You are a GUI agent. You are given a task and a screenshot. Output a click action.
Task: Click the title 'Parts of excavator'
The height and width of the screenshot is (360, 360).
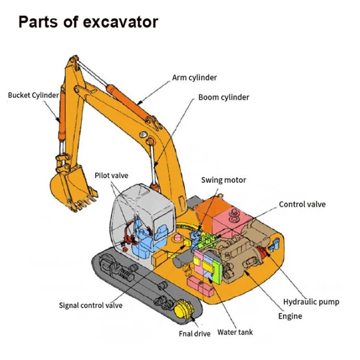tap(88, 22)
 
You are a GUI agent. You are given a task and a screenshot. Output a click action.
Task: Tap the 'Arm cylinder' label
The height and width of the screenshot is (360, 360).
tap(195, 77)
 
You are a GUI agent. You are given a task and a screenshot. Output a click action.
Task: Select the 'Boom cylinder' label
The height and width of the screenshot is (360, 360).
tap(224, 97)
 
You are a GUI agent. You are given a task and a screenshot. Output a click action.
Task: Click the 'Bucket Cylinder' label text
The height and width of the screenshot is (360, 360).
tap(34, 95)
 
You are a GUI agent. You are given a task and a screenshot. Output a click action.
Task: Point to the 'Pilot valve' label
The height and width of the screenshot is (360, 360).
tap(111, 175)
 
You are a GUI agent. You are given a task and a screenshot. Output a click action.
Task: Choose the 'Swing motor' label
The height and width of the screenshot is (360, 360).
tap(224, 180)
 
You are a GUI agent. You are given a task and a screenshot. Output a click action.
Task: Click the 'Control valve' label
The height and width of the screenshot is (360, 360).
tap(302, 205)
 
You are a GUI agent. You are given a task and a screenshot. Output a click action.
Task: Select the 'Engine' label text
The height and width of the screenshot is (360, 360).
tap(290, 316)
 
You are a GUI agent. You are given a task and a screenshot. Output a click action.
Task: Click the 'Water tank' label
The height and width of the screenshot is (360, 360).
tap(235, 332)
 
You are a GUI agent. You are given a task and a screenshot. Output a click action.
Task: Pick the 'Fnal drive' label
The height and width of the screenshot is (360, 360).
tap(194, 334)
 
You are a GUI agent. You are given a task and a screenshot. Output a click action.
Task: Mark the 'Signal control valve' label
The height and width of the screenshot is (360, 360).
tap(91, 305)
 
